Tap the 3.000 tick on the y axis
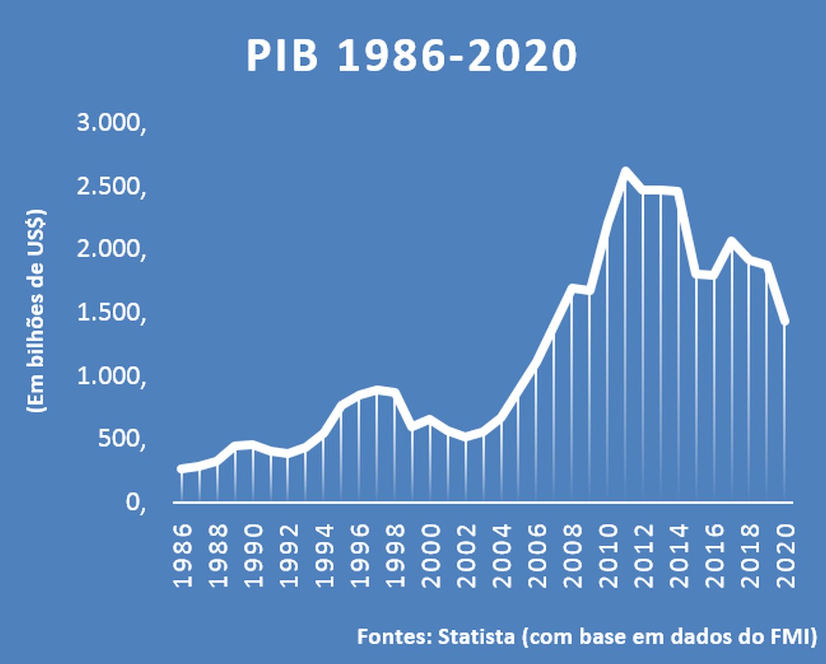(111, 123)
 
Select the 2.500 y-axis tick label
(111, 187)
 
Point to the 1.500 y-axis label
(111, 313)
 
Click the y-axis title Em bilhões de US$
(36, 311)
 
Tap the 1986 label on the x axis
(182, 555)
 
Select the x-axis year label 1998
(395, 555)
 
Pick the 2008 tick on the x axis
(573, 555)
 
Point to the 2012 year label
(644, 555)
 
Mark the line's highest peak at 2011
(625, 171)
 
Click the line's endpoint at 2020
(785, 321)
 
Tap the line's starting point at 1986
(181, 469)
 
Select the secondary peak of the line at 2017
(732, 241)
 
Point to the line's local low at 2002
(466, 437)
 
